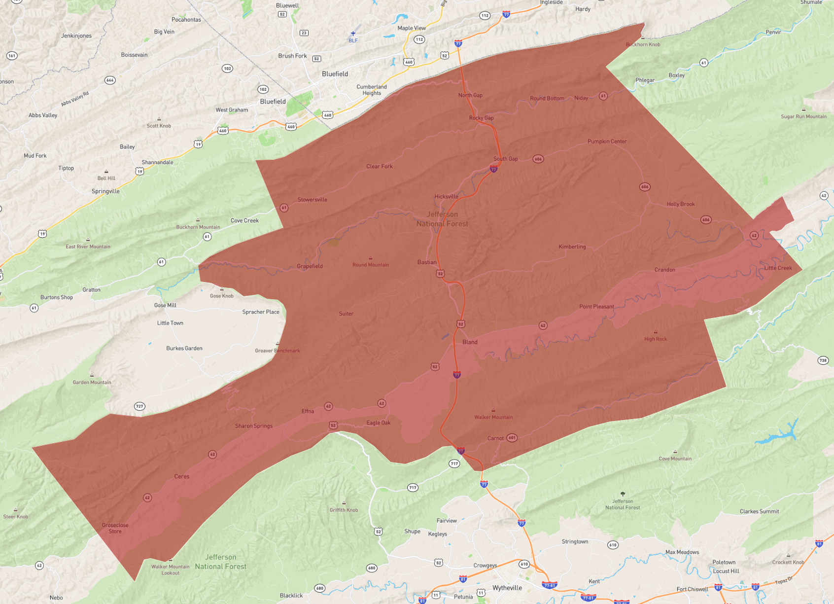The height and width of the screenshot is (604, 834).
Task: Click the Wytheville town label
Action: coord(507,588)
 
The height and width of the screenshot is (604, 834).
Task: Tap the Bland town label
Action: coord(470,342)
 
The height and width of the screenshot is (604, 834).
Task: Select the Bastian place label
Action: coord(427,262)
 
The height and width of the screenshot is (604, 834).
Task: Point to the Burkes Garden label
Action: coord(184,348)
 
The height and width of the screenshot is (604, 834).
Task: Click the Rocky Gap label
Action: coord(481,118)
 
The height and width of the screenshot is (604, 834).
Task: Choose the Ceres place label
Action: coord(182,476)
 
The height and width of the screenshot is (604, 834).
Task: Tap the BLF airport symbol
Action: coord(353,34)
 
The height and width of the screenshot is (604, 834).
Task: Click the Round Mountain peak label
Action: coord(371,265)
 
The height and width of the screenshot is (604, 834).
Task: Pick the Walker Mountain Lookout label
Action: coord(171,569)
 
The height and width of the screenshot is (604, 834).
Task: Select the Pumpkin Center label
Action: coord(607,142)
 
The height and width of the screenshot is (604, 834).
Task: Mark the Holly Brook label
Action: coord(681,204)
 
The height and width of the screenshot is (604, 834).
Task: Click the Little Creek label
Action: coord(778,268)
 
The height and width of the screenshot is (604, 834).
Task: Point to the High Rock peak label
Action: coord(656,339)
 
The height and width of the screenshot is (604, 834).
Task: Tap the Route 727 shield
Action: coord(139,406)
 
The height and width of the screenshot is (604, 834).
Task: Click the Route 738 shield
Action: coord(823,360)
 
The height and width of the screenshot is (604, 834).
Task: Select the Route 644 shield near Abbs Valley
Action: coord(110,80)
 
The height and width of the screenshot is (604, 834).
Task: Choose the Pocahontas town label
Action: coord(186,20)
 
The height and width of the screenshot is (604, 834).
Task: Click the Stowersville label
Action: coord(313,200)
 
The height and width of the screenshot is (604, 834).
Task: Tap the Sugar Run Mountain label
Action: coord(803,116)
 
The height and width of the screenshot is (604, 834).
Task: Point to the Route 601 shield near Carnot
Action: coord(512,438)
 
